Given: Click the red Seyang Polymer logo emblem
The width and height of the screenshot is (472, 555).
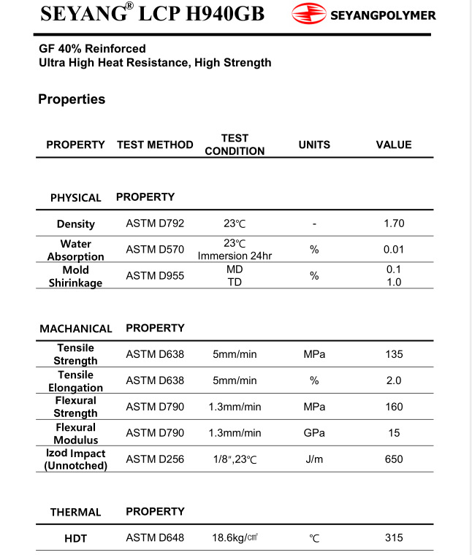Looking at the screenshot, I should pyautogui.click(x=308, y=13).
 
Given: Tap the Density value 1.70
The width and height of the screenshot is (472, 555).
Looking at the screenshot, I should pyautogui.click(x=394, y=223).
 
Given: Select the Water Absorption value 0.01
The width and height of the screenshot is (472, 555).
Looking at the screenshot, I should pyautogui.click(x=394, y=250).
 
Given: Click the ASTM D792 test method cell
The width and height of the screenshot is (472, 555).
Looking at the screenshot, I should pyautogui.click(x=155, y=223).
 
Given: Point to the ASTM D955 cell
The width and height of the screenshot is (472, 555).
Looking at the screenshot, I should pyautogui.click(x=155, y=276).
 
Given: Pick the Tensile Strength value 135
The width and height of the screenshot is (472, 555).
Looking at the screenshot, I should pyautogui.click(x=394, y=354).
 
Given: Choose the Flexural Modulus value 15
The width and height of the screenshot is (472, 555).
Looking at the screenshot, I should pyautogui.click(x=394, y=433).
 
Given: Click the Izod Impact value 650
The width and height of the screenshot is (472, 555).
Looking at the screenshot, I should pyautogui.click(x=394, y=459).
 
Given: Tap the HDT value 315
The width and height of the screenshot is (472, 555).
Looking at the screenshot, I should pyautogui.click(x=394, y=538).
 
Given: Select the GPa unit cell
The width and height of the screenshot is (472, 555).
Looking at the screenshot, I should pyautogui.click(x=314, y=433).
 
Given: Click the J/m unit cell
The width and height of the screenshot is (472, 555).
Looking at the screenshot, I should pyautogui.click(x=314, y=459).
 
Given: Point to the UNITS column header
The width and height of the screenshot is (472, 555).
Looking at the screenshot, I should pyautogui.click(x=314, y=145).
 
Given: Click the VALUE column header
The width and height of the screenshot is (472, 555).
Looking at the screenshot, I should pyautogui.click(x=394, y=145).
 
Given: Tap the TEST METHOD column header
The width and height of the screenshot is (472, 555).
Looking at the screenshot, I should pyautogui.click(x=155, y=145).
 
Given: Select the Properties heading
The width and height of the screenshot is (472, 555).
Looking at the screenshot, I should pyautogui.click(x=72, y=99).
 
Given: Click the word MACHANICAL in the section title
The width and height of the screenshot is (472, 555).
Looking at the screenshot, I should pyautogui.click(x=76, y=329).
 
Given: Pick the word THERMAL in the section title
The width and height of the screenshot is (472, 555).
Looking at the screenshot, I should pyautogui.click(x=75, y=512).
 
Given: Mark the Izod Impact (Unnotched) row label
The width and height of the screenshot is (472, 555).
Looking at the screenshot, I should pyautogui.click(x=76, y=459).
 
